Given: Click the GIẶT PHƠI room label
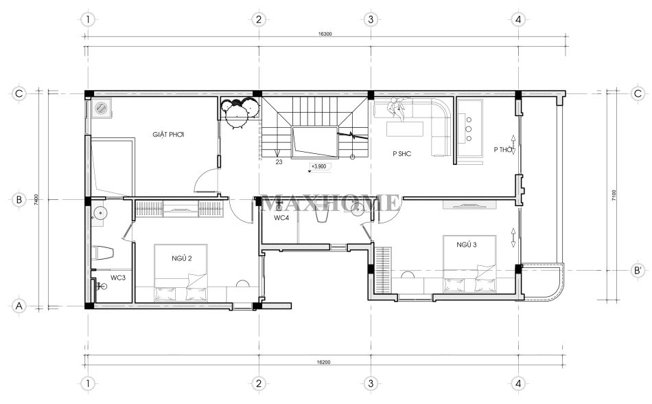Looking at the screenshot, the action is pyautogui.click(x=168, y=135).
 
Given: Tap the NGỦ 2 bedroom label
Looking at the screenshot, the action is pyautogui.click(x=182, y=258).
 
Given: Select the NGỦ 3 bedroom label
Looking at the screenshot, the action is pyautogui.click(x=467, y=245).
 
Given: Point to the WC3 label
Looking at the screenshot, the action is pyautogui.click(x=118, y=278).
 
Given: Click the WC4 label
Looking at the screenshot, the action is pyautogui.click(x=281, y=218).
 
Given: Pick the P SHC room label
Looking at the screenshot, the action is pyautogui.click(x=402, y=153).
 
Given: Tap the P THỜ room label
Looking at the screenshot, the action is pyautogui.click(x=502, y=149).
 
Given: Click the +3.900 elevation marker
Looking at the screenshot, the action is pyautogui.click(x=320, y=166).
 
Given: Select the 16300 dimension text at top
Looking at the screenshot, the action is pyautogui.click(x=325, y=34).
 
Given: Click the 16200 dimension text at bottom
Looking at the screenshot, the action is pyautogui.click(x=323, y=362).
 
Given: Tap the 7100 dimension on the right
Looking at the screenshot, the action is pyautogui.click(x=614, y=195).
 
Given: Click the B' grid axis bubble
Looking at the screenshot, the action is pyautogui.click(x=638, y=271).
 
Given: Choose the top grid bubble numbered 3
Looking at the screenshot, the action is pyautogui.click(x=371, y=19).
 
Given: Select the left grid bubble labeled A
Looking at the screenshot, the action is pyautogui.click(x=19, y=306).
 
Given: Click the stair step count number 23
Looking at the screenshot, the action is pyautogui.click(x=279, y=162).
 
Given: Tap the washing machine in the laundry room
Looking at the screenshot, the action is pyautogui.click(x=102, y=108).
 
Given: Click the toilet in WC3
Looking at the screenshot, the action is pyautogui.click(x=102, y=253).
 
